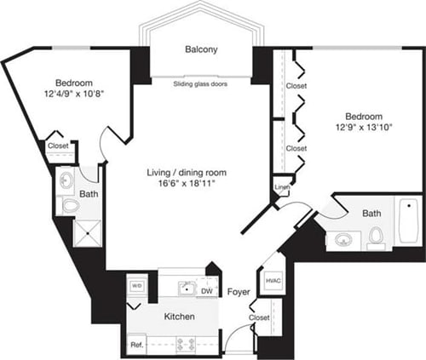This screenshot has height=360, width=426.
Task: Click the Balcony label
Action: [x=201, y=49]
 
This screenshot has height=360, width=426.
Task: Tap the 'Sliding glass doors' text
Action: [x=201, y=85]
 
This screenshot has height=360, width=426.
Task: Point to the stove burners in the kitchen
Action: [x=185, y=345]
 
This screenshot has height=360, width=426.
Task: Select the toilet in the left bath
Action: [x=70, y=205]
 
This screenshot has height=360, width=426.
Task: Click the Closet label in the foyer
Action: [x=260, y=317]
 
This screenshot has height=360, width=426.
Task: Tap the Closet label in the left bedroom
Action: [x=59, y=146]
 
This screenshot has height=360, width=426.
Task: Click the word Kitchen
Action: [x=179, y=317]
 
